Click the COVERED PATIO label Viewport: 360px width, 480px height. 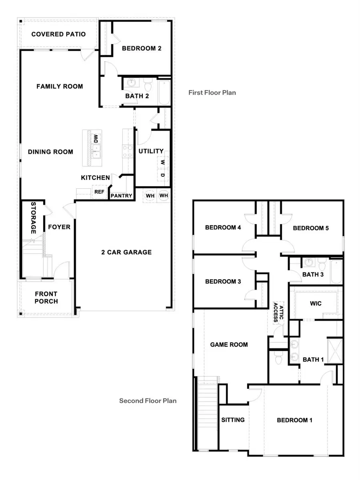click(58, 34)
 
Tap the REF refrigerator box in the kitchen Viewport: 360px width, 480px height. click(99, 192)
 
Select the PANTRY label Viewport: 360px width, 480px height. click(121, 196)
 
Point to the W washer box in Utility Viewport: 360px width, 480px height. click(163, 163)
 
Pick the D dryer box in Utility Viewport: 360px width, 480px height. click(163, 175)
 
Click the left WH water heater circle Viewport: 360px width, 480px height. click(150, 196)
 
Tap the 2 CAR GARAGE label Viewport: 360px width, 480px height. click(126, 252)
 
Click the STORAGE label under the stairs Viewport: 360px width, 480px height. click(34, 218)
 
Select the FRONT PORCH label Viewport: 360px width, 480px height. click(46, 298)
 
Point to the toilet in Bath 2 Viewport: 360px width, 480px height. click(148, 85)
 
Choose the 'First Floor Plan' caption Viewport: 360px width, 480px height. click(212, 92)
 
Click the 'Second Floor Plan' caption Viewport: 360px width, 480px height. click(148, 400)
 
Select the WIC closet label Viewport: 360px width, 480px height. click(316, 303)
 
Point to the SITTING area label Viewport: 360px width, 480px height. click(233, 420)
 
